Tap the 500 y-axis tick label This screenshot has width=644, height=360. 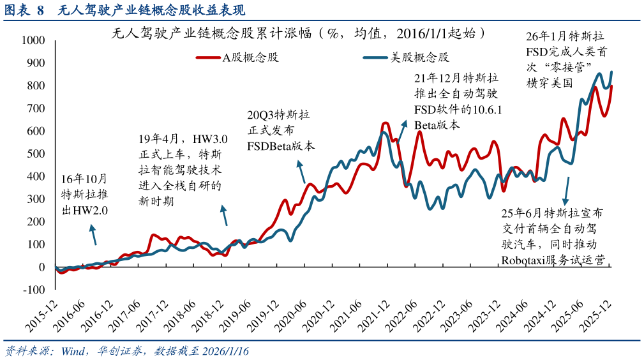pos(36,154)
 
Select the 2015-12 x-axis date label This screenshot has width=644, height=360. pos(40,315)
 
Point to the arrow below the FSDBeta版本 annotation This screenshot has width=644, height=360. pos(301,173)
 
